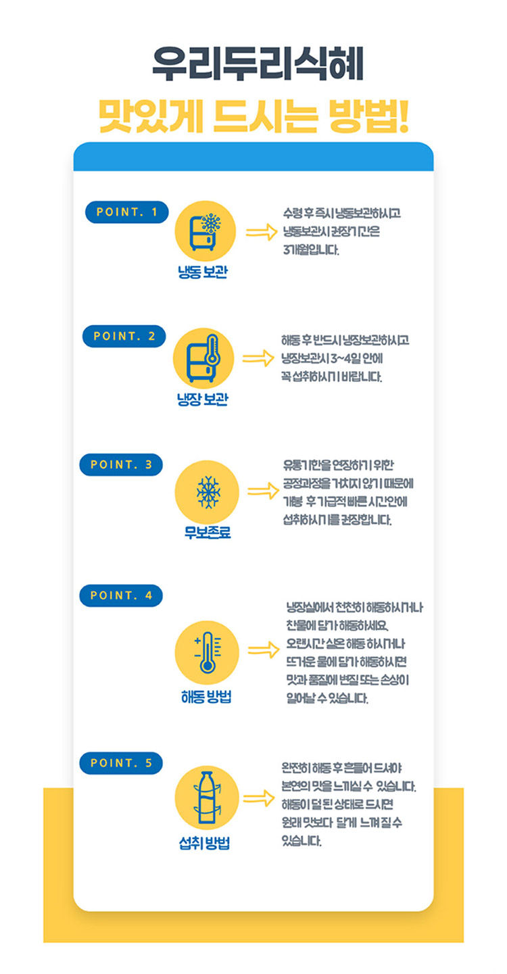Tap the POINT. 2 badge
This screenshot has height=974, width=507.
pyautogui.click(x=124, y=337)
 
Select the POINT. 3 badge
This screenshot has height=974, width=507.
pyautogui.click(x=121, y=464)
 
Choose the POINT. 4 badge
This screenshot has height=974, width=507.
pyautogui.click(x=121, y=595)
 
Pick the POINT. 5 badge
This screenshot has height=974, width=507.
pyautogui.click(x=121, y=763)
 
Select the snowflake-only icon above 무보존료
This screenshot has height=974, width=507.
pyautogui.click(x=205, y=490)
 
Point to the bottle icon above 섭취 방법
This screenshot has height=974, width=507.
pyautogui.click(x=205, y=800)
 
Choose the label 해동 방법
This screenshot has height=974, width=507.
pyautogui.click(x=206, y=696)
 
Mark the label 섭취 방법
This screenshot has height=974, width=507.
pyautogui.click(x=205, y=844)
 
